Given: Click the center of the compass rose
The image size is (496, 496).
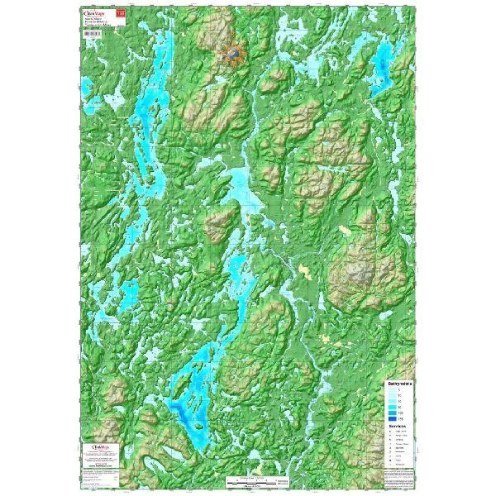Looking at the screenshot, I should point(235,54).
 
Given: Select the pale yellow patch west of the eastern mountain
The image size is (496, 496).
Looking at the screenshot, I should point(308,270).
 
